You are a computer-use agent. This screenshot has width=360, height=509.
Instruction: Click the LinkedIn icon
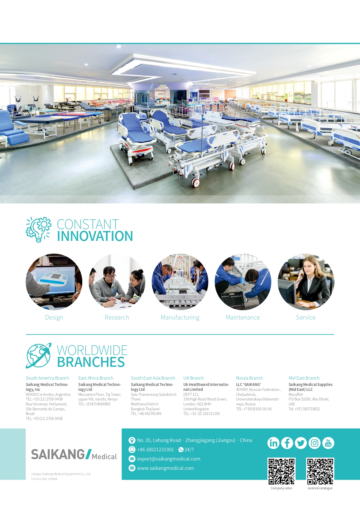pos(273,443)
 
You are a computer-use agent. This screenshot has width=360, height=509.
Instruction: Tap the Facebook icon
pos(287,443)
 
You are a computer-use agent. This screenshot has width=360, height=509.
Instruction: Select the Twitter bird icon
pos(301,443)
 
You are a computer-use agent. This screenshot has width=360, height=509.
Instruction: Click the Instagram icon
pos(314,443)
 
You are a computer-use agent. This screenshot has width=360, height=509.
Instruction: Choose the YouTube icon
pos(328,443)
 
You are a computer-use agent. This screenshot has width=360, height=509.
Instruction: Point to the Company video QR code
pos(281,471)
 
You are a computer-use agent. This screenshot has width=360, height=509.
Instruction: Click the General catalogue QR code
pos(320,471)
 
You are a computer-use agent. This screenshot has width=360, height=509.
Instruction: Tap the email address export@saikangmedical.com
pos(169,459)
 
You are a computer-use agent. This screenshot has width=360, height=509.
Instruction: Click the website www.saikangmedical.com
pos(165,468)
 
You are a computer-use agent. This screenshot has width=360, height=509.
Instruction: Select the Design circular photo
pos(54,282)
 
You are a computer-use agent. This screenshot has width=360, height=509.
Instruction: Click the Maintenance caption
pos(243,317)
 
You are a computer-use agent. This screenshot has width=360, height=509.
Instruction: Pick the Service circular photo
pos(306,282)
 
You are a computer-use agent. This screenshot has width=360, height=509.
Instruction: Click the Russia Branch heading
pos(249,378)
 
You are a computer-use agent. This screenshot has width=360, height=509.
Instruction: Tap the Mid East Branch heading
pos(304,378)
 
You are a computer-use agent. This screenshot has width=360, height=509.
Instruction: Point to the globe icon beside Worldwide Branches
pos(39,355)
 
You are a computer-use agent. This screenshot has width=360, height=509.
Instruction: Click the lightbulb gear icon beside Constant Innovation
pos(38,230)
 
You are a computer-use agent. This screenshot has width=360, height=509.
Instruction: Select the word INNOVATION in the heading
pos(95,236)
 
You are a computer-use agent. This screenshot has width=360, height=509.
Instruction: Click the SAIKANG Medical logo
pos(74,454)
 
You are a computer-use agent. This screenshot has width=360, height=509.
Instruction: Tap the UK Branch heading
pos(193,378)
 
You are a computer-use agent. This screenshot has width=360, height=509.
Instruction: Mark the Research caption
pos(117,317)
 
